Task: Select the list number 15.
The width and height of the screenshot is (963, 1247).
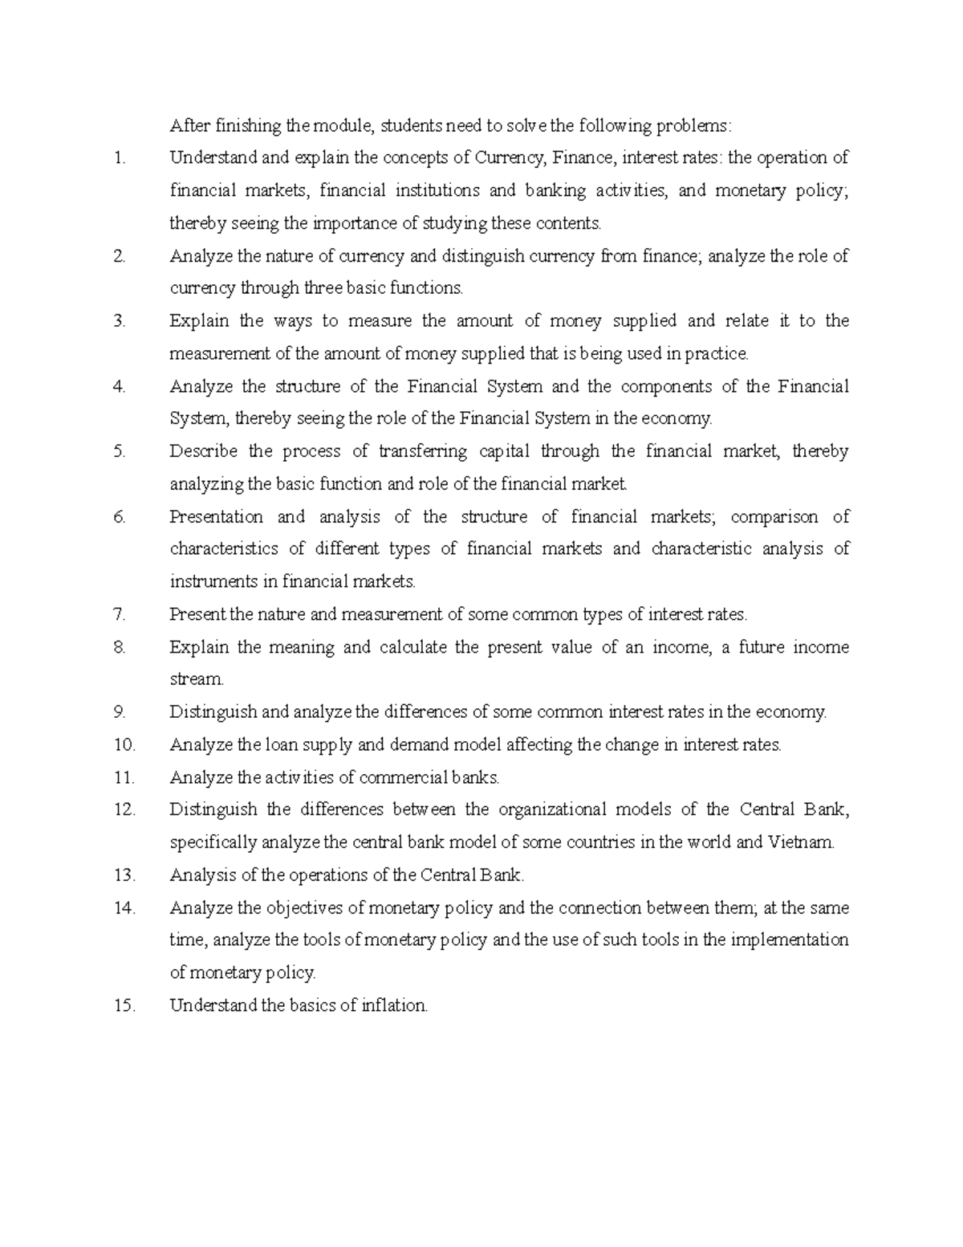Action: pos(124,1005)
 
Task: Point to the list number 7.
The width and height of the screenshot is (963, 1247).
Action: pos(120,614)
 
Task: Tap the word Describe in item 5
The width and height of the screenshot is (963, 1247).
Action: pos(203,451)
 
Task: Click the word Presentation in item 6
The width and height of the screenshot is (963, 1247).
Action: pos(216,516)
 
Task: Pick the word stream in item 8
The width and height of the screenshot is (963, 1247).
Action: pos(196,679)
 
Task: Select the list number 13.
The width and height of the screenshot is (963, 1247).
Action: pos(124,874)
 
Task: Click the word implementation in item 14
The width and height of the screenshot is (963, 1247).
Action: pos(789,939)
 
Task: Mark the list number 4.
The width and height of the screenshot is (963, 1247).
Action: pos(120,386)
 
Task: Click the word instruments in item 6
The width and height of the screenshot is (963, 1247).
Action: pos(210,581)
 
